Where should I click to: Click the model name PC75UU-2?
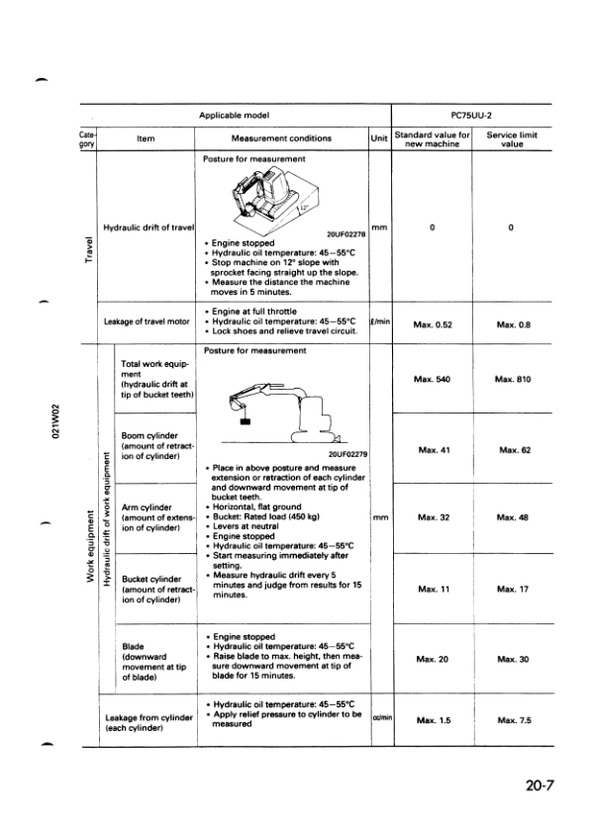(471, 115)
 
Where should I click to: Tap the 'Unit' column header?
(379, 139)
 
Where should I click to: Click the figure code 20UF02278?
(345, 233)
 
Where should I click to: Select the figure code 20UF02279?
(346, 454)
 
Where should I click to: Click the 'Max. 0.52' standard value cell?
(433, 324)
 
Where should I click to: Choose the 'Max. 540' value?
(433, 380)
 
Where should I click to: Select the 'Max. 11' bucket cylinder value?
(433, 589)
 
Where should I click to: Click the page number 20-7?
(542, 786)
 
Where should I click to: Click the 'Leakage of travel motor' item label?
(147, 321)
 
